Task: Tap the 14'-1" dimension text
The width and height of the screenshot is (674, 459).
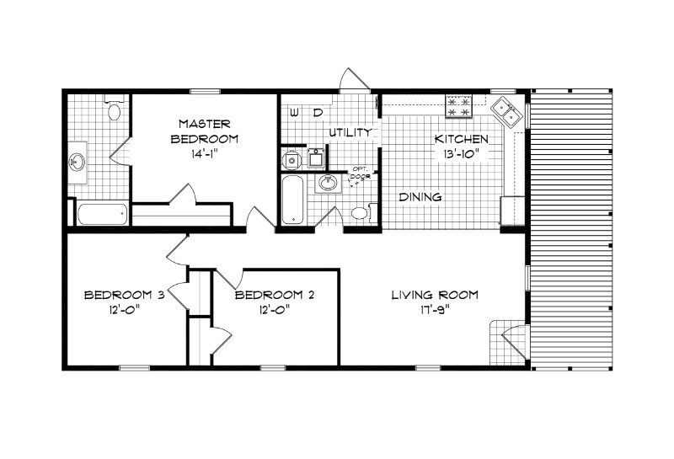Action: pos(204,154)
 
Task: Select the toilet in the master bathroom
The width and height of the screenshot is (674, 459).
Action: pos(115,109)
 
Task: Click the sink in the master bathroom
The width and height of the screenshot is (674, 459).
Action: pos(78,162)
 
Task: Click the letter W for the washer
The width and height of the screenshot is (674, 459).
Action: pos(294,112)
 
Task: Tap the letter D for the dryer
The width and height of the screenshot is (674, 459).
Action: pos(318,112)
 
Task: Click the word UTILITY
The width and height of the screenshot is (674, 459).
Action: pos(350,133)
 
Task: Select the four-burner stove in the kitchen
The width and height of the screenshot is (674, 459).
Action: pos(460,105)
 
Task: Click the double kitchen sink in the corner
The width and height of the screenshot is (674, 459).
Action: pos(506,109)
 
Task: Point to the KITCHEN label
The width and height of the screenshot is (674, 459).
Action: pos(461,139)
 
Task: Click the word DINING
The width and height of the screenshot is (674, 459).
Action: pos(420,197)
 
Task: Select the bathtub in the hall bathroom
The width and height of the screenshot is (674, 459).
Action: pos(292,200)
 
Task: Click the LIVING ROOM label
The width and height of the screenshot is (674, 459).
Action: pos(435,295)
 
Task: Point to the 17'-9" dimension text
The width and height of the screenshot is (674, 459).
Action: pos(435,310)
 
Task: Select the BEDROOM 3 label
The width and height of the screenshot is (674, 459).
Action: pos(123,295)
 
